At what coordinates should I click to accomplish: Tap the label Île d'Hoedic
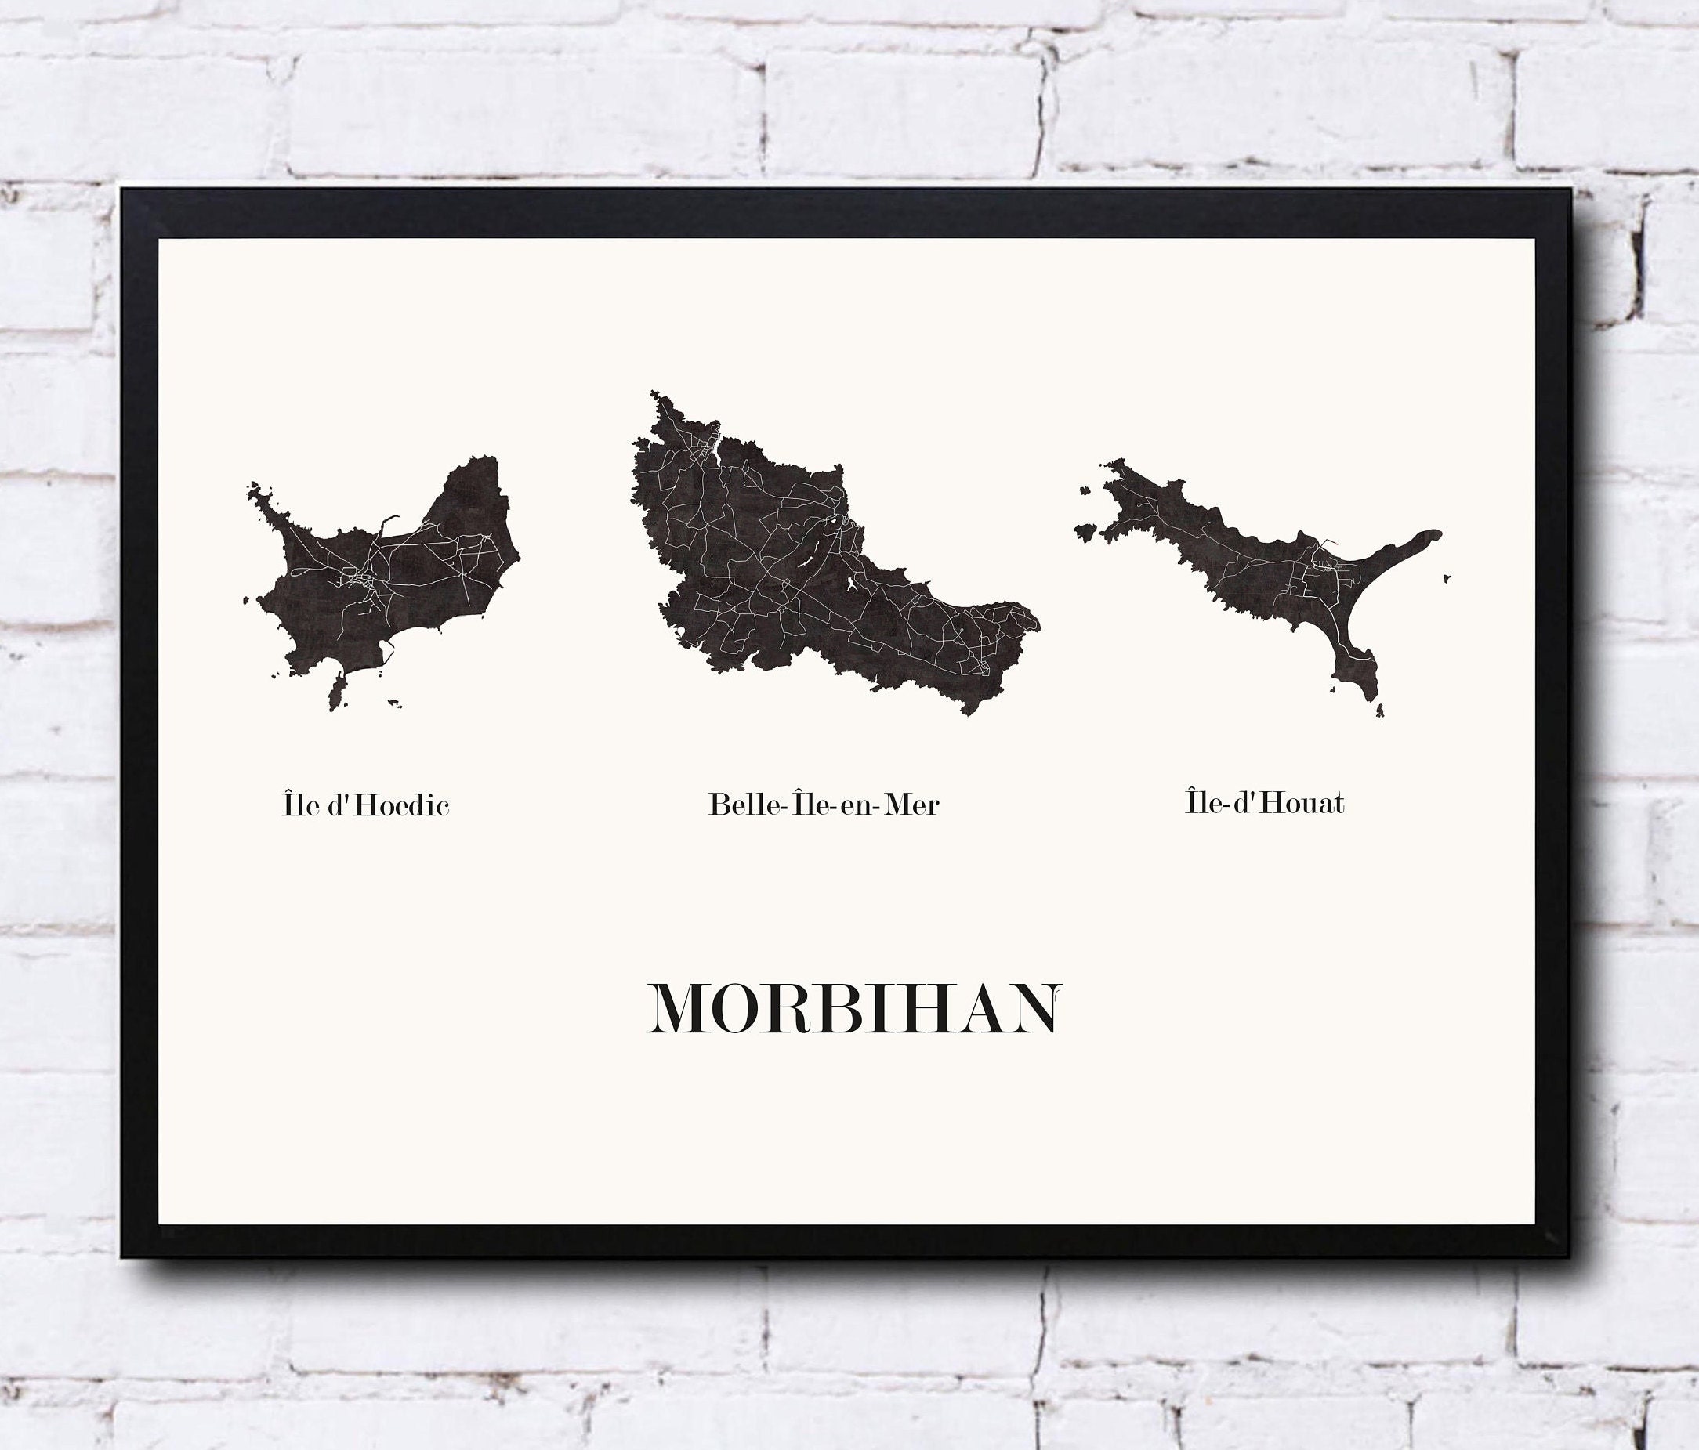pos(366,805)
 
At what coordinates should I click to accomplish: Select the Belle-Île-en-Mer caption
pos(824,804)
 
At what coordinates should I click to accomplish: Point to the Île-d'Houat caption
pos(1264,802)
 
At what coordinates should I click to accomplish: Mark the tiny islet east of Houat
pos(1447,579)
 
